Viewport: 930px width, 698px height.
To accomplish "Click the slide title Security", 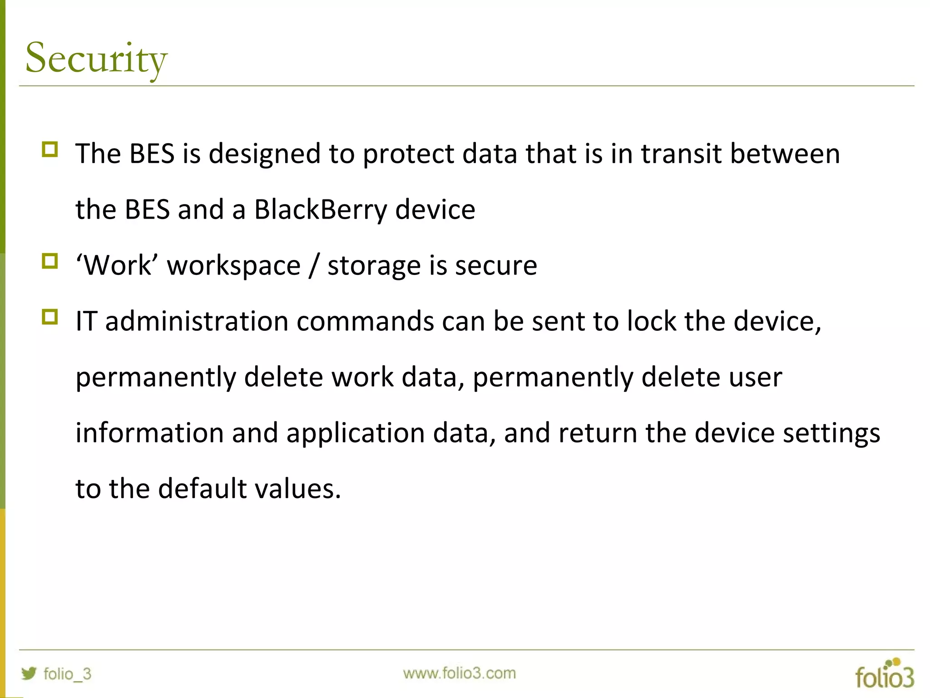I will point(96,58).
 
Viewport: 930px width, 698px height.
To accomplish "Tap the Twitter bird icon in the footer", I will point(29,673).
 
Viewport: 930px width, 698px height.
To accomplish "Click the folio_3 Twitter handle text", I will point(67,673).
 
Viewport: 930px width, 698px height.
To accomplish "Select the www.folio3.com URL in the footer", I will point(459,673).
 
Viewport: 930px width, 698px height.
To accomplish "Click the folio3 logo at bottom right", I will point(884,673).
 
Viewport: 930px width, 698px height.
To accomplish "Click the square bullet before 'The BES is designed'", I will point(50,150).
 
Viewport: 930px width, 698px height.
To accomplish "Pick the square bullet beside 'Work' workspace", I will point(50,261).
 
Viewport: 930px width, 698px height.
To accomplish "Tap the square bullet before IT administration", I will point(50,317).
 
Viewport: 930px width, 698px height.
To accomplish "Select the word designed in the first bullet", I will point(265,155).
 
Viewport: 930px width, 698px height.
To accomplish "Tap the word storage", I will point(374,266).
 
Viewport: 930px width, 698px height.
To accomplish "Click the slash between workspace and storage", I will point(313,266).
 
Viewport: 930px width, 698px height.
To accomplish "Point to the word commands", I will point(365,321).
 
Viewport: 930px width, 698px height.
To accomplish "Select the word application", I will point(356,434).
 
